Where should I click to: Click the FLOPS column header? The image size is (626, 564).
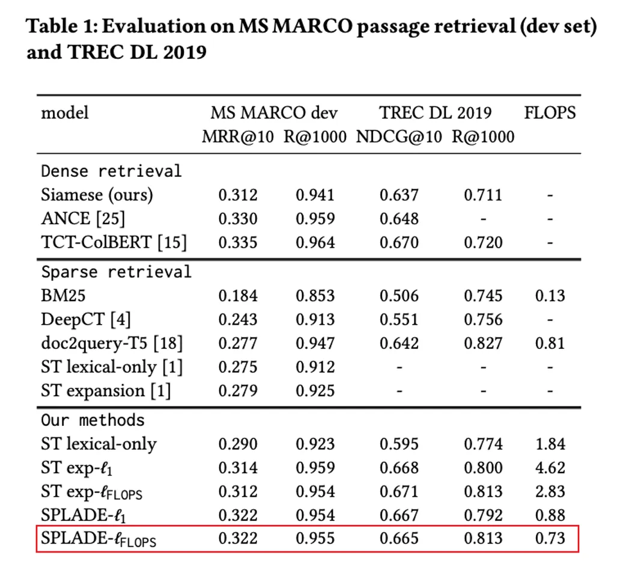point(550,112)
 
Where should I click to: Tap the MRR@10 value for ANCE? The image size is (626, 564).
point(238,219)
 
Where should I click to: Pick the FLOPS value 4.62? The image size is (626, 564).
point(550,468)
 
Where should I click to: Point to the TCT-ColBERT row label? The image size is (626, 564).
point(114,242)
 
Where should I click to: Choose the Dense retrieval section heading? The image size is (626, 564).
point(111,171)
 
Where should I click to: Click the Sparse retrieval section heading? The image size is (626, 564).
point(116,272)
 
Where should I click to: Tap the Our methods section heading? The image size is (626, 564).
point(93,420)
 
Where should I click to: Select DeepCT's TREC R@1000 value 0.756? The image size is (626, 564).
point(484,319)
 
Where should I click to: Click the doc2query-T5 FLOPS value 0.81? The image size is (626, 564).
point(550,343)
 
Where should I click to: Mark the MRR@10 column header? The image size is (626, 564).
point(238,136)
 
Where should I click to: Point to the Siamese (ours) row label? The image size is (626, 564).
point(97,195)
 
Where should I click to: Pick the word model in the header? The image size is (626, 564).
point(64,113)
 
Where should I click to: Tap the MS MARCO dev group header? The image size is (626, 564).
point(274,112)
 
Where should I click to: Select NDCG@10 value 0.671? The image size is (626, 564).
point(399,491)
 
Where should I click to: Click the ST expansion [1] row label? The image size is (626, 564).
point(106,391)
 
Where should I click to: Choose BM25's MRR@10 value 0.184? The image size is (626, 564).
point(238,296)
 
